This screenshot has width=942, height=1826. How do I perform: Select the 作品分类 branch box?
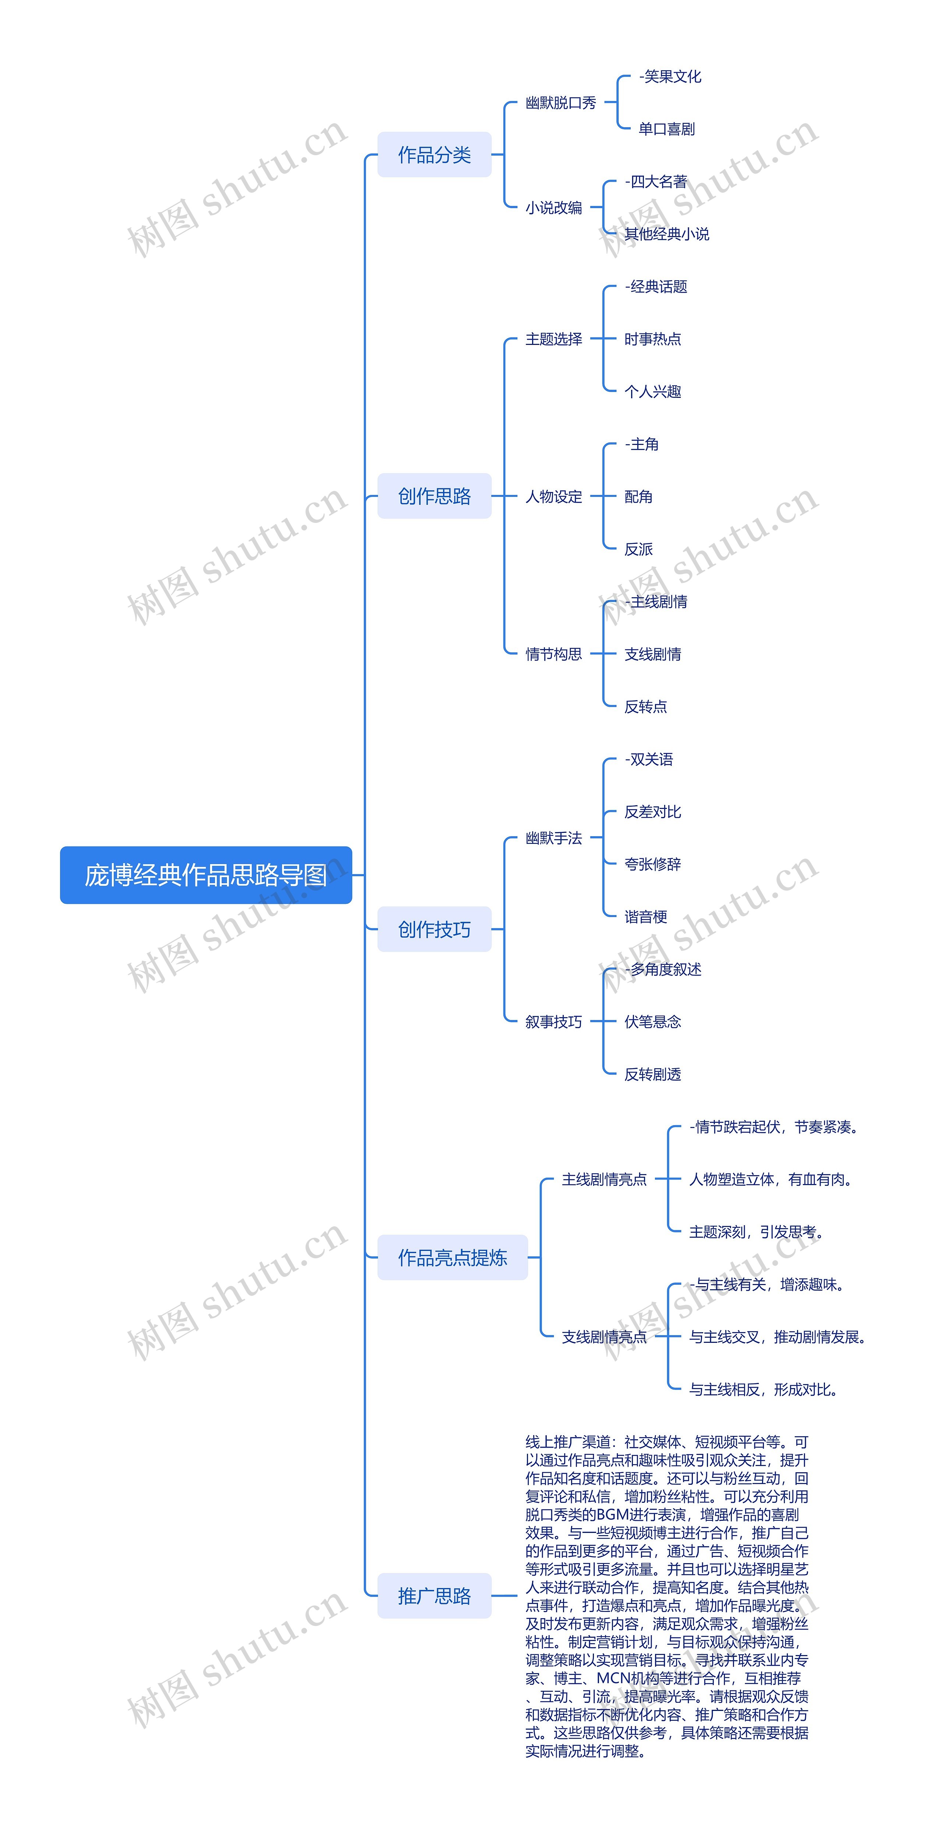click(434, 154)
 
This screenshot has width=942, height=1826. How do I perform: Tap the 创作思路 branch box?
click(434, 496)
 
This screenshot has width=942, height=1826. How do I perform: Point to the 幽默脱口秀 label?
click(560, 103)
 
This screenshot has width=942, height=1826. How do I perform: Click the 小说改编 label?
click(553, 208)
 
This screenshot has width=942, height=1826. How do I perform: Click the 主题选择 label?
click(553, 339)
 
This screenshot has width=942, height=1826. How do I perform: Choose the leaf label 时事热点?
click(652, 339)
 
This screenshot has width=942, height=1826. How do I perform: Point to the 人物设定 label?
click(553, 496)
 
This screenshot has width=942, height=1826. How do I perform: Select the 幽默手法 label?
click(553, 838)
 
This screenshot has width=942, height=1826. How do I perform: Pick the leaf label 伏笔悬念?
click(652, 1021)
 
